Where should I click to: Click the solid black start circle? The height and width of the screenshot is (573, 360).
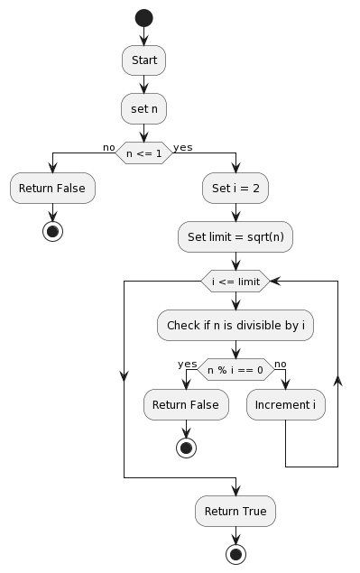click(144, 17)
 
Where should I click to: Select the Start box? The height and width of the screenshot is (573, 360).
click(144, 60)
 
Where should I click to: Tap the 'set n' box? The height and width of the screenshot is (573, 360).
click(144, 108)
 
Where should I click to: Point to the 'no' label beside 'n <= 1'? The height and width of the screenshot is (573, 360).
click(108, 146)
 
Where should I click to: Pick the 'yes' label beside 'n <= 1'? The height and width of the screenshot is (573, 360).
click(182, 146)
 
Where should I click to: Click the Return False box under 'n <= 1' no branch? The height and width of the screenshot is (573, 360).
click(53, 189)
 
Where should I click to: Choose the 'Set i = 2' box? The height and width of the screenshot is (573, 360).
click(235, 189)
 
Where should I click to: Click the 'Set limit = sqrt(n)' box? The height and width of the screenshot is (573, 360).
click(235, 236)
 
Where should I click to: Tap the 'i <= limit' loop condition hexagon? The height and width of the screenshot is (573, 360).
click(235, 282)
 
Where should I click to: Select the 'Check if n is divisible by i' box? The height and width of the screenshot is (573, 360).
click(235, 326)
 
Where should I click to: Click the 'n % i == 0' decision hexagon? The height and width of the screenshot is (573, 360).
click(235, 369)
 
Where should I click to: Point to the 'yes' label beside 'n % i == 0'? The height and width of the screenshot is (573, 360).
click(188, 363)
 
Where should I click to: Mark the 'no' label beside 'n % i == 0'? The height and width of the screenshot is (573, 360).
click(280, 363)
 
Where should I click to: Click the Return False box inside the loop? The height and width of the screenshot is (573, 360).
click(186, 405)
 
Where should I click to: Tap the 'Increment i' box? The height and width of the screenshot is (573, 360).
click(286, 405)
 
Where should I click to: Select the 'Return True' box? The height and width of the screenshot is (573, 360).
click(235, 511)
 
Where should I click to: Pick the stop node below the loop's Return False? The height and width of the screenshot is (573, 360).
click(186, 447)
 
